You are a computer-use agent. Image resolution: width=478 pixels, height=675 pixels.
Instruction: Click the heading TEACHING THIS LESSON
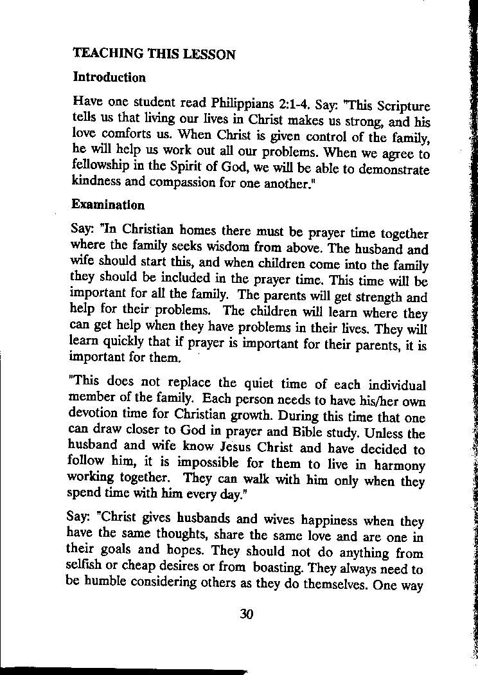pyautogui.click(x=154, y=54)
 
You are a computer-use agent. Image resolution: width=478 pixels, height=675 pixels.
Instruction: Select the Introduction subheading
pyautogui.click(x=109, y=78)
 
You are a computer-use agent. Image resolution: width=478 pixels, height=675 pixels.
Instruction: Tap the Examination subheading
pyautogui.click(x=108, y=205)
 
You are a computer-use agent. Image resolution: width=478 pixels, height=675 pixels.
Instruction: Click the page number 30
pyautogui.click(x=247, y=614)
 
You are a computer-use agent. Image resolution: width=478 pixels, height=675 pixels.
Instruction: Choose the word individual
pyautogui.click(x=396, y=386)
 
